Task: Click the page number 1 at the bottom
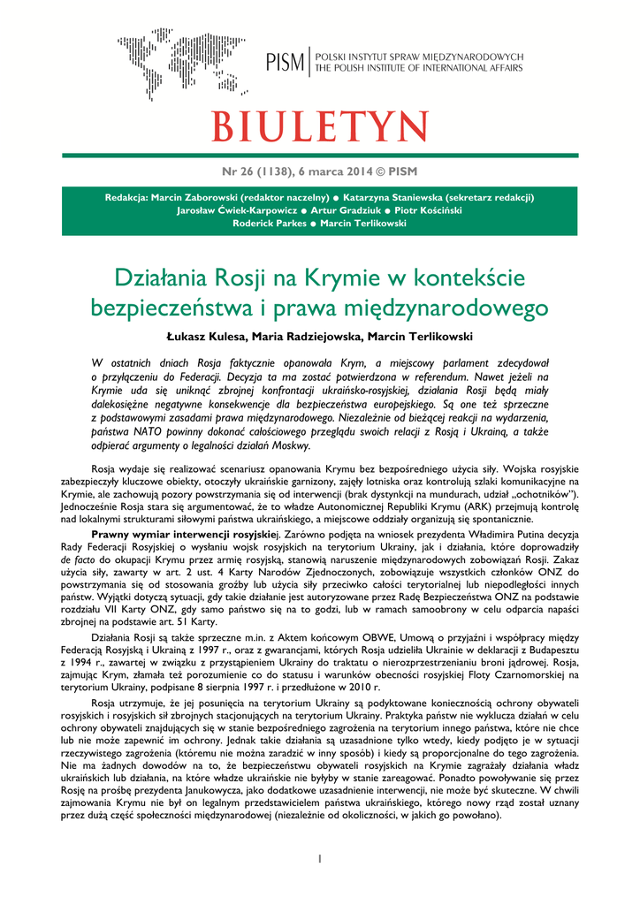pyautogui.click(x=320, y=858)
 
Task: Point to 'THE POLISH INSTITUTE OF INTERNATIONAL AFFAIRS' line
pyautogui.click(x=419, y=68)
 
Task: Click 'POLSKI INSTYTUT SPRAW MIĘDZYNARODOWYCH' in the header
pyautogui.click(x=420, y=57)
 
